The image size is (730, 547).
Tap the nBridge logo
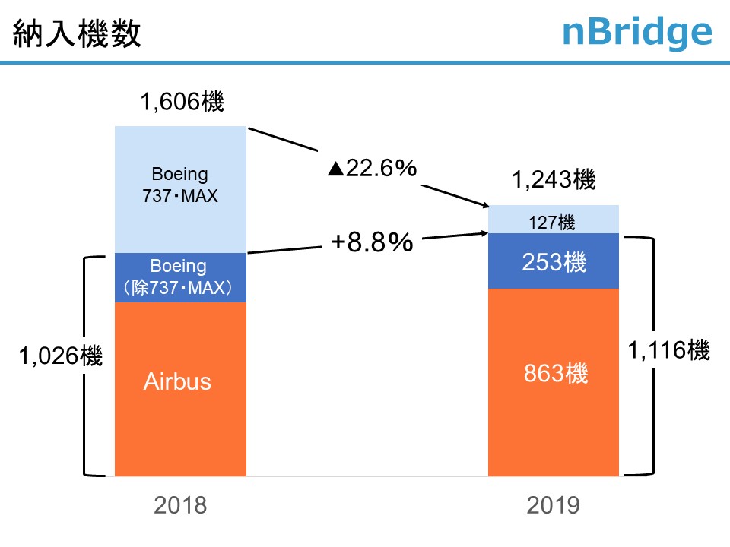(636, 33)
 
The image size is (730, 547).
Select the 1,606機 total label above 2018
(182, 102)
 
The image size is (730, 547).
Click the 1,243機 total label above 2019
(553, 180)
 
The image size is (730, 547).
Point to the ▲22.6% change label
(372, 169)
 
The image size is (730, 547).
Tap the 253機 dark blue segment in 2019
(553, 261)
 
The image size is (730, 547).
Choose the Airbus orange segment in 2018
(180, 410)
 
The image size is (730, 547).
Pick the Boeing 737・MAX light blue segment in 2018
(180, 188)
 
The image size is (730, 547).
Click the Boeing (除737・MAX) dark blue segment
(180, 277)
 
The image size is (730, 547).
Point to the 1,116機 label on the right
(668, 351)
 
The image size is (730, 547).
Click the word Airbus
(177, 381)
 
